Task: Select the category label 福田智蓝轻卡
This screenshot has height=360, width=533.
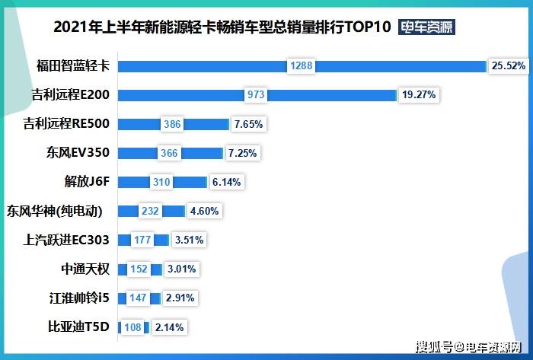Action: pos(73,65)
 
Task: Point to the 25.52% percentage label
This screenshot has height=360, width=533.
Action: pos(509,66)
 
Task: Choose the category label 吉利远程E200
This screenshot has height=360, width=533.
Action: pos(71,94)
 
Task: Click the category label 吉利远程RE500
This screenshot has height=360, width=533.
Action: pos(67,123)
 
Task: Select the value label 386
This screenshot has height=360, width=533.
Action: pos(172,124)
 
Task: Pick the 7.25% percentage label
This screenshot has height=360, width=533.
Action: pos(243,153)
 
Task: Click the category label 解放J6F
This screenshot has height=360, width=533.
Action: pos(88,182)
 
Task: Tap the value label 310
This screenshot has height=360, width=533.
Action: pos(160,183)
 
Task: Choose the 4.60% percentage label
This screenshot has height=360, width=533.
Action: pos(204,212)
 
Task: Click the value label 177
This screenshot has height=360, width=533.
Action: pos(142,241)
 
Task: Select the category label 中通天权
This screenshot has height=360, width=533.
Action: pos(85,269)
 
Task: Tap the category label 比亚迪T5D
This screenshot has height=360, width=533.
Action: pos(78,327)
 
